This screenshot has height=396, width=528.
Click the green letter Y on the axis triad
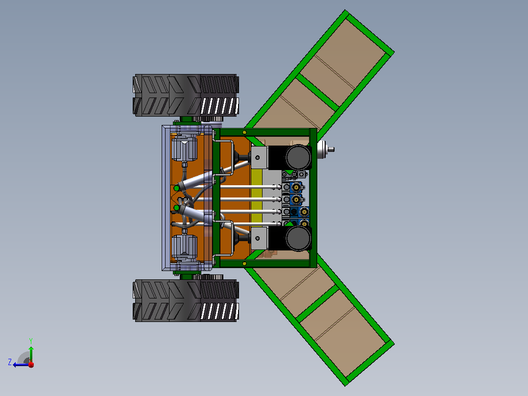coord(31,341)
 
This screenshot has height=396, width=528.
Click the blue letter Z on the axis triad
coord(10,362)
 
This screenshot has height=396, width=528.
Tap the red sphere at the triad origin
coord(31,365)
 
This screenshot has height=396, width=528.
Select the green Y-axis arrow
coord(31,354)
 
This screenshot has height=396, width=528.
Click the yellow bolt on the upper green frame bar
coord(244,132)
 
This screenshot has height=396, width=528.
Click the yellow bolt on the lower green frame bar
coord(244,263)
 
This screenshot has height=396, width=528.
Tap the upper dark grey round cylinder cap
coord(298,157)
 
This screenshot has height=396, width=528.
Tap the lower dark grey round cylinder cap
coord(298,238)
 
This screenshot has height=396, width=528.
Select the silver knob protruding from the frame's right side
coord(325,149)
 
